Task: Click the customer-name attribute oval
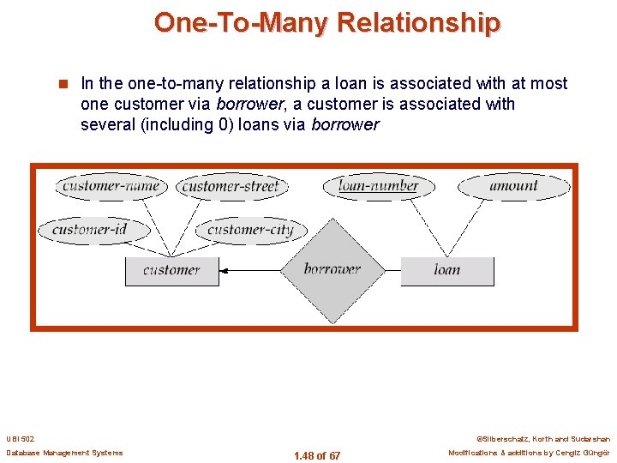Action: click(111, 186)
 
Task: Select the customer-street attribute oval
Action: click(231, 186)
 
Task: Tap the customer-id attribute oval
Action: click(90, 229)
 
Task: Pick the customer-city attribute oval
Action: click(249, 229)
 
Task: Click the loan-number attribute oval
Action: click(378, 186)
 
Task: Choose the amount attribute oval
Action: click(513, 186)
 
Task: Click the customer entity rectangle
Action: click(171, 270)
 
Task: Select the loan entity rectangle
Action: click(446, 270)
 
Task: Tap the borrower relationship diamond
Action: click(332, 269)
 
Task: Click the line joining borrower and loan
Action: click(392, 271)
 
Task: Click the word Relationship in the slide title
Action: click(419, 22)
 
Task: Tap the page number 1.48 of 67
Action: click(316, 455)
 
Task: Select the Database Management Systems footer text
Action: click(64, 453)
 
